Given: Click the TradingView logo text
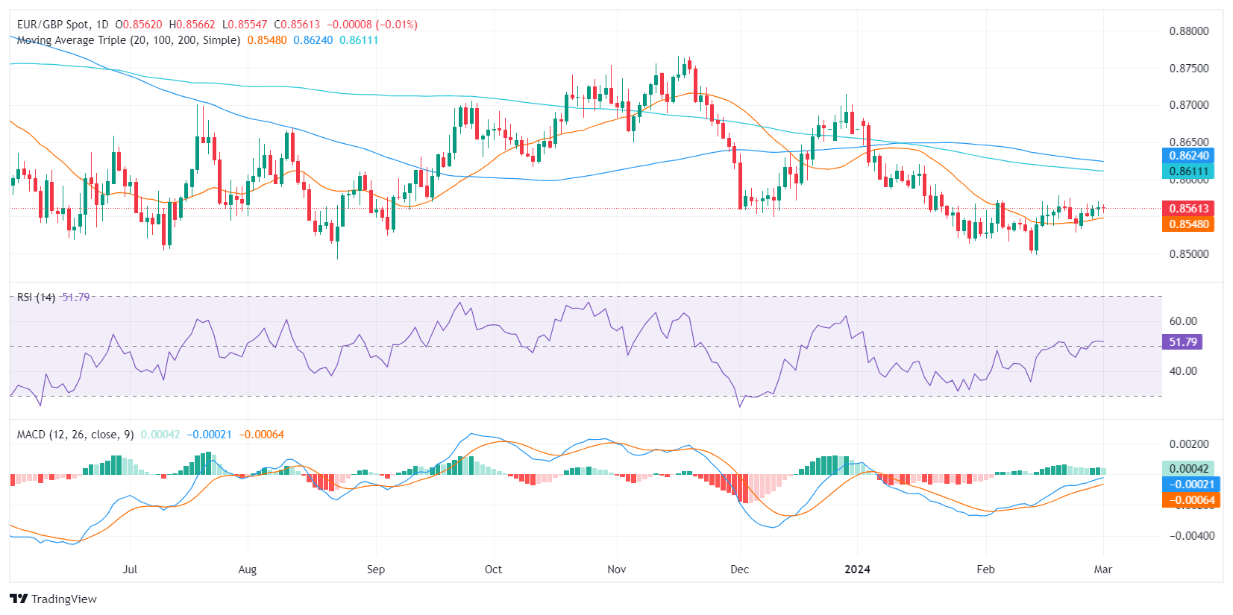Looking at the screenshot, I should click(x=63, y=599).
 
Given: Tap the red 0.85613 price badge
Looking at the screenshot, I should click(x=1188, y=209).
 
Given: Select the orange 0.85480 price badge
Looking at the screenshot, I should click(x=1188, y=224).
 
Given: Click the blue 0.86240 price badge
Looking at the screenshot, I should click(x=1188, y=156).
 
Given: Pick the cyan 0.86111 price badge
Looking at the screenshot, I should click(x=1188, y=171).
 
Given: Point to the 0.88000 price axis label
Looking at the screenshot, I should click(x=1188, y=31).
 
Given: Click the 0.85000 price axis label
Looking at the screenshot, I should click(x=1188, y=254).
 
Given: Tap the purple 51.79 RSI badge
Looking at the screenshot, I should click(x=1182, y=342).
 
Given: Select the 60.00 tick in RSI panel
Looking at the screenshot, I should click(x=1182, y=321).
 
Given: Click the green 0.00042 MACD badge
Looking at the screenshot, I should click(x=1188, y=469).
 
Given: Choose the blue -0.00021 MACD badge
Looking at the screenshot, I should click(x=1190, y=485).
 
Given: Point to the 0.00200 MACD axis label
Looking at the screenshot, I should click(x=1188, y=444).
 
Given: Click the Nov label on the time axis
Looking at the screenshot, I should click(x=617, y=570).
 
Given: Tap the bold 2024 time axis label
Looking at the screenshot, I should click(x=857, y=570).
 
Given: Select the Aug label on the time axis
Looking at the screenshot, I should click(x=247, y=570).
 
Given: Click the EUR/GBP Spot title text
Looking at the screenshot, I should click(x=53, y=25).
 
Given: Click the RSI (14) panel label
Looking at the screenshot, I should click(x=36, y=297).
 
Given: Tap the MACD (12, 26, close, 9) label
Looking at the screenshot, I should click(x=75, y=435).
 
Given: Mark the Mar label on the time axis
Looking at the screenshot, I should click(x=1102, y=570).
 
